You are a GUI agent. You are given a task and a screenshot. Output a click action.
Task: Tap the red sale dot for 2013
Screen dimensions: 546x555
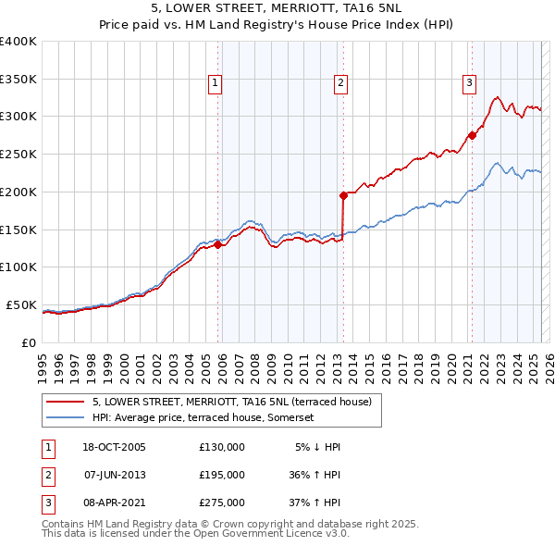[343, 195]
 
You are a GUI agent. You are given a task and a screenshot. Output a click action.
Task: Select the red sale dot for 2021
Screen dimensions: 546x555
[472, 135]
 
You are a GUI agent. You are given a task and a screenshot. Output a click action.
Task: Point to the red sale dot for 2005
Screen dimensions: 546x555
[218, 244]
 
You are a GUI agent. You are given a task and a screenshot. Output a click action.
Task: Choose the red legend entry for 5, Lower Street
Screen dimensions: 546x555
[231, 402]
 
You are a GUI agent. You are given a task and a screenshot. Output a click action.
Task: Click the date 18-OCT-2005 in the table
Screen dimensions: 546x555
[114, 447]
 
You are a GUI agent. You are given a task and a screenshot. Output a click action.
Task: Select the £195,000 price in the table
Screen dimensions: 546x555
[222, 475]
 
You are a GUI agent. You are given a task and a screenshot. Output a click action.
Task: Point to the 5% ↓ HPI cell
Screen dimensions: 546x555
[318, 447]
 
